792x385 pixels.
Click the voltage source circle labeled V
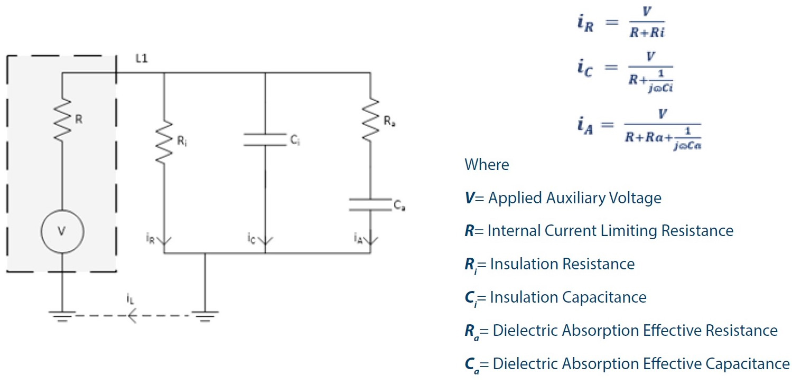tap(62, 231)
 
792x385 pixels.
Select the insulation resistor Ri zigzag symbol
tap(165, 142)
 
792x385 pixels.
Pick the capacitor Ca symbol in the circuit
tap(370, 205)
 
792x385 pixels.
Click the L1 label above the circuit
tap(141, 59)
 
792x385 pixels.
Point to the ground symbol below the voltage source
tap(62, 316)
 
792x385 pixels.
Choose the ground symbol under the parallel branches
tap(205, 316)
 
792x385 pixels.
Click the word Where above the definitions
tap(487, 165)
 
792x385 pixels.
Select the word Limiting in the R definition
tap(616, 231)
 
